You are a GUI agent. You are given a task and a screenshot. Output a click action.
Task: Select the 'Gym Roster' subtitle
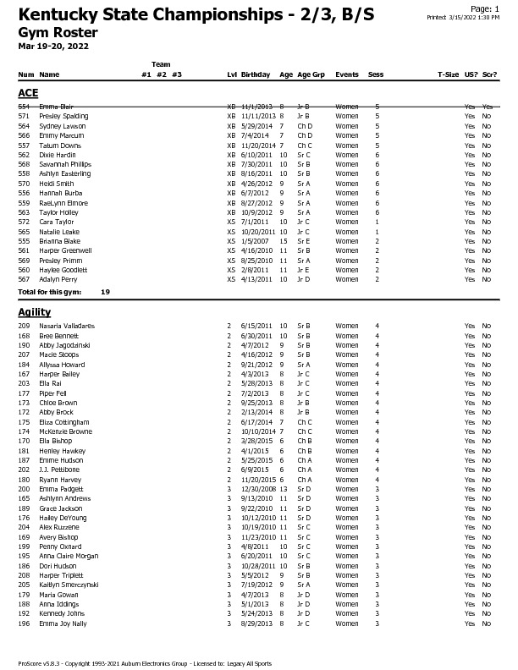click(x=58, y=32)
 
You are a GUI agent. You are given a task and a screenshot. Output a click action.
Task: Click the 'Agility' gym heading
click(x=35, y=312)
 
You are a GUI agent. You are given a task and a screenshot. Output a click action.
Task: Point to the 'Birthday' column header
click(x=256, y=74)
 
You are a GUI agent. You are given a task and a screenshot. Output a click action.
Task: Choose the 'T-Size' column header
click(x=448, y=74)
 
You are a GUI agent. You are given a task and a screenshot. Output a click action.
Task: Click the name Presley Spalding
click(x=63, y=116)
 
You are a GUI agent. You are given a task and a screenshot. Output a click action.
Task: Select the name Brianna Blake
click(x=59, y=241)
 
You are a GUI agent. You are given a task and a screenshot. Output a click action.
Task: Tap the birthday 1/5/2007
click(x=255, y=241)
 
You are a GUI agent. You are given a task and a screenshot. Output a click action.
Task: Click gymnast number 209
click(x=24, y=326)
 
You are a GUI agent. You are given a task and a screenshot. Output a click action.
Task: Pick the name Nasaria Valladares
click(x=67, y=326)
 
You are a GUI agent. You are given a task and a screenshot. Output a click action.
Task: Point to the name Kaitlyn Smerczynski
click(x=69, y=585)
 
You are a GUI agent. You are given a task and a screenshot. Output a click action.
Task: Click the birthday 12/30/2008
click(x=258, y=489)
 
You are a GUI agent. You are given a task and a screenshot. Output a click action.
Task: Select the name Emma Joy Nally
click(x=62, y=623)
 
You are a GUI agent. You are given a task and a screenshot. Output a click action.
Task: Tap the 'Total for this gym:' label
click(x=50, y=292)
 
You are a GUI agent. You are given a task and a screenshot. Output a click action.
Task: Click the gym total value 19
click(x=105, y=292)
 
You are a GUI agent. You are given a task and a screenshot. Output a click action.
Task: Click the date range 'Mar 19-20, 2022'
click(x=53, y=46)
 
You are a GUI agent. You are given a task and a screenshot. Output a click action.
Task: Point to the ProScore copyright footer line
click(x=145, y=663)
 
